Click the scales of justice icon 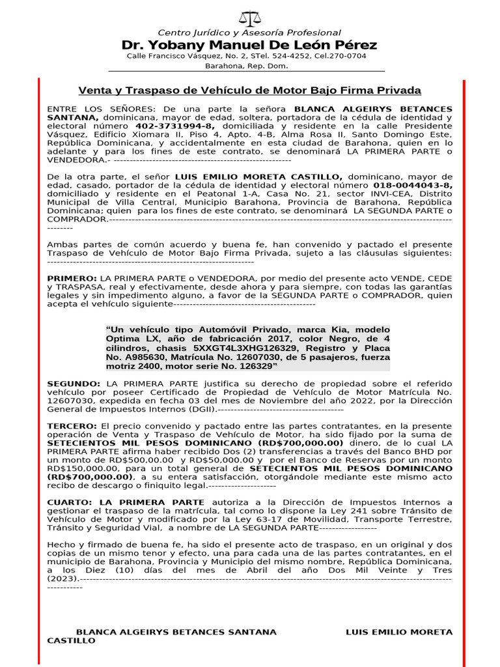tap(249, 18)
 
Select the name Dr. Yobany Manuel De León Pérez tap(249, 45)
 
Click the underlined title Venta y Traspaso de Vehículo tap(249, 91)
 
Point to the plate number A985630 tap(141, 358)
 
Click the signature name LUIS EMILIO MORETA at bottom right tap(398, 632)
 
